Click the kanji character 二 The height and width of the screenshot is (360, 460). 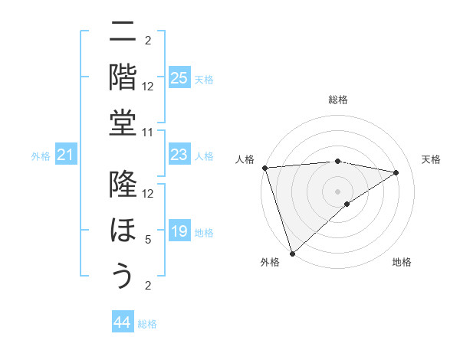[123, 34]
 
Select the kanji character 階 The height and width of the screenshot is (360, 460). [123, 77]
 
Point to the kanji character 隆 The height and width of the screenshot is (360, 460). [123, 185]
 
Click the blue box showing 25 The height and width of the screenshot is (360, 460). [179, 78]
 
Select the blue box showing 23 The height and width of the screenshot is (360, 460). [179, 155]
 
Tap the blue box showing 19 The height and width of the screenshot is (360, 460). [179, 232]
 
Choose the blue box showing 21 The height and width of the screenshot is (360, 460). [66, 155]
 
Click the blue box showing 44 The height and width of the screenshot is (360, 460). [123, 323]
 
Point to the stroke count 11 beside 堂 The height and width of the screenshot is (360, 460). [148, 133]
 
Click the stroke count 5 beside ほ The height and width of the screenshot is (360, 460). [148, 239]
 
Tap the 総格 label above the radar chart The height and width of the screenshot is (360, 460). [337, 100]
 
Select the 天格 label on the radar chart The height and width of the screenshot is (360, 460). [431, 159]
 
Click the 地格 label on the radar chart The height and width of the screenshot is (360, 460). [402, 262]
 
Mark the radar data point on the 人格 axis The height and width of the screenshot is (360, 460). [264, 168]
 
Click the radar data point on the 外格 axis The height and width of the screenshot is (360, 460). [292, 253]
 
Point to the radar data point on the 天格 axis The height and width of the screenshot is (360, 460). [396, 172]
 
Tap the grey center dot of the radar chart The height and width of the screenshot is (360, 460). [337, 191]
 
